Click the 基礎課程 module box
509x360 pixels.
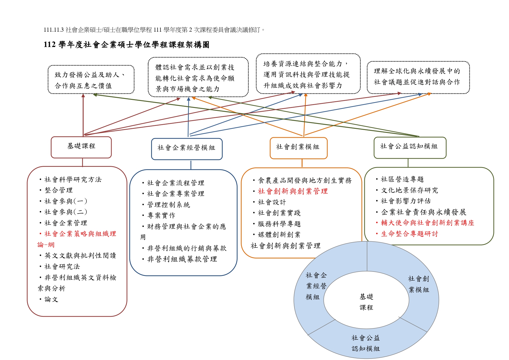[x=81, y=147]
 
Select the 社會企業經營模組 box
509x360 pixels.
[x=187, y=149]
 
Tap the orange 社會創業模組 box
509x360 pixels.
[x=299, y=148]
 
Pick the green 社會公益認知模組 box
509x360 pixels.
[x=410, y=148]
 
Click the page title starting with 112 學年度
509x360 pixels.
[x=126, y=45]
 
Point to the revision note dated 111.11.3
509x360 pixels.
[x=154, y=30]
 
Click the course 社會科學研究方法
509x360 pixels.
[x=71, y=180]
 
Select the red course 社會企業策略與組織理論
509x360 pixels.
[x=77, y=239]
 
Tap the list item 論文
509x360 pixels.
[x=49, y=299]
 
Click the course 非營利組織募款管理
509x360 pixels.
[x=180, y=259]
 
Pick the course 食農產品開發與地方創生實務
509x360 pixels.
[x=302, y=180]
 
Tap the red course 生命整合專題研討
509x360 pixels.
[x=407, y=234]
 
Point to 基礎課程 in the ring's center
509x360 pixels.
[x=366, y=302]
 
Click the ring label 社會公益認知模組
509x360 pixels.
[x=366, y=343]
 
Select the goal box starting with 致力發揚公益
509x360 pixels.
[x=91, y=80]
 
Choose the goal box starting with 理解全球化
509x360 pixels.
[x=418, y=77]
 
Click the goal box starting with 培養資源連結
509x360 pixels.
[x=308, y=74]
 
